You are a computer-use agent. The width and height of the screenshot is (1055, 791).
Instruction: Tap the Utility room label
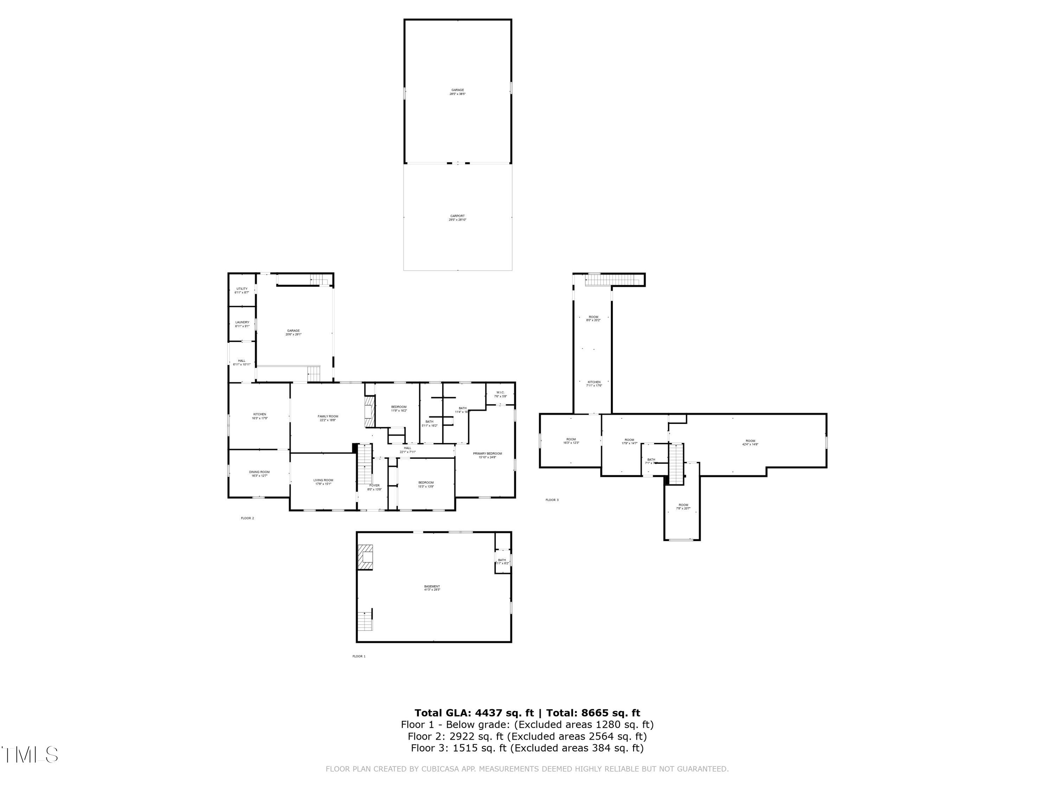[242, 290]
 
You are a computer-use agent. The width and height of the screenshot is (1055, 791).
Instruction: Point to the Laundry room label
[242, 324]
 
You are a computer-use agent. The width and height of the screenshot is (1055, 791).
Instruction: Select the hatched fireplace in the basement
[365, 557]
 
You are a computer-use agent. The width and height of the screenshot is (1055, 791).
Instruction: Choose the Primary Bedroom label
[487, 455]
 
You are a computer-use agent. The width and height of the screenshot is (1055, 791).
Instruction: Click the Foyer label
[375, 487]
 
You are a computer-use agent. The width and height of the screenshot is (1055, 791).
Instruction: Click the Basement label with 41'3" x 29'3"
[432, 588]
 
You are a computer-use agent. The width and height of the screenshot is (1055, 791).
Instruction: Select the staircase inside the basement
[365, 621]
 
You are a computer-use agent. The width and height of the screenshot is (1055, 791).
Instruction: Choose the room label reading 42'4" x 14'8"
[750, 443]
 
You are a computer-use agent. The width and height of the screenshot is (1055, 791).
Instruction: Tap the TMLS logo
[30, 755]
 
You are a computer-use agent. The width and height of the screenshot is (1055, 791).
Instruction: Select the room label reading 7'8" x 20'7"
[683, 506]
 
